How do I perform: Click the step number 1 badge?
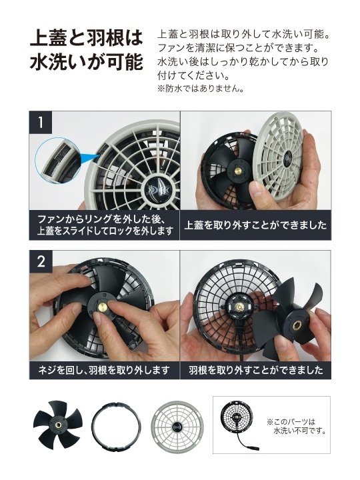click(x=41, y=123)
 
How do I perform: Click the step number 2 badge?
click(x=41, y=262)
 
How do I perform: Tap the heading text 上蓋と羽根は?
click(x=86, y=37)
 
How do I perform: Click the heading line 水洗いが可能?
click(x=86, y=63)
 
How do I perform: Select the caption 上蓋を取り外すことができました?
click(x=255, y=225)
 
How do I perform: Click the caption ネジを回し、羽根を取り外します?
click(x=104, y=369)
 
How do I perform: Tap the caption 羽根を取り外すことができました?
click(x=255, y=369)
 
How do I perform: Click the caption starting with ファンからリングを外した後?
click(x=104, y=225)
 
